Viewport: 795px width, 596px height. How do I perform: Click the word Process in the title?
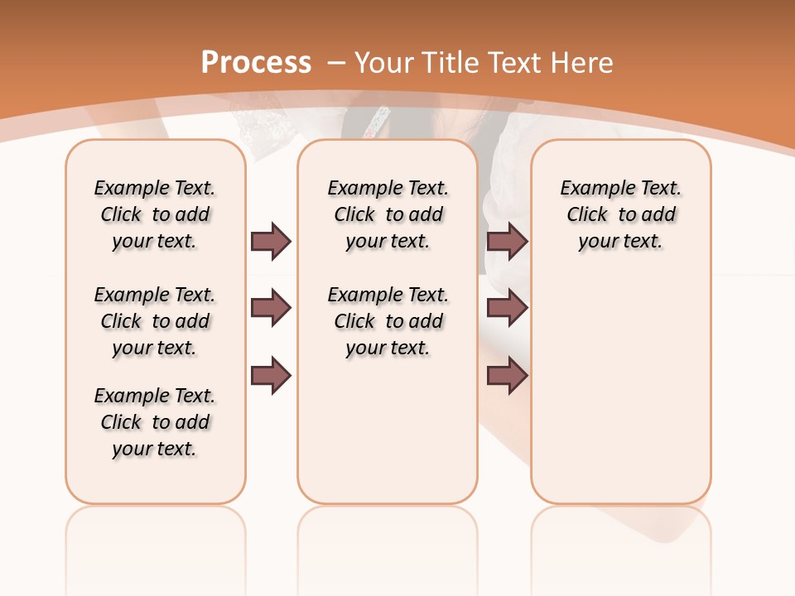point(256,62)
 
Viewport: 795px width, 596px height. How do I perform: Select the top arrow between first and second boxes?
point(271,241)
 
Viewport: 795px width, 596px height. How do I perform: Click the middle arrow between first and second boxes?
point(271,308)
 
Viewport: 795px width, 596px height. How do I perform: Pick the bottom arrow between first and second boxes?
point(271,375)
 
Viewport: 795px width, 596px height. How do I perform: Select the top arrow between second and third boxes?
point(507,241)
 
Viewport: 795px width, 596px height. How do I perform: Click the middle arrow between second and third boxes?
point(507,308)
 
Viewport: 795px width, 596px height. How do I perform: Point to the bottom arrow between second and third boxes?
point(507,375)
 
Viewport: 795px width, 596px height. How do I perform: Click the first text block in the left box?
point(155,214)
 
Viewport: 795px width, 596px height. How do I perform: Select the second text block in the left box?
point(155,321)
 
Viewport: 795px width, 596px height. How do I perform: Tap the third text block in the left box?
point(155,422)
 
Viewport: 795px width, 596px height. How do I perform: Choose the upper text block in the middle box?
point(388,214)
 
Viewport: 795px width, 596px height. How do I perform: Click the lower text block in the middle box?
point(388,321)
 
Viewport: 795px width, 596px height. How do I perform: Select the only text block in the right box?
point(620,214)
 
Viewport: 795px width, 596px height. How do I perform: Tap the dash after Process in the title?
point(337,62)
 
